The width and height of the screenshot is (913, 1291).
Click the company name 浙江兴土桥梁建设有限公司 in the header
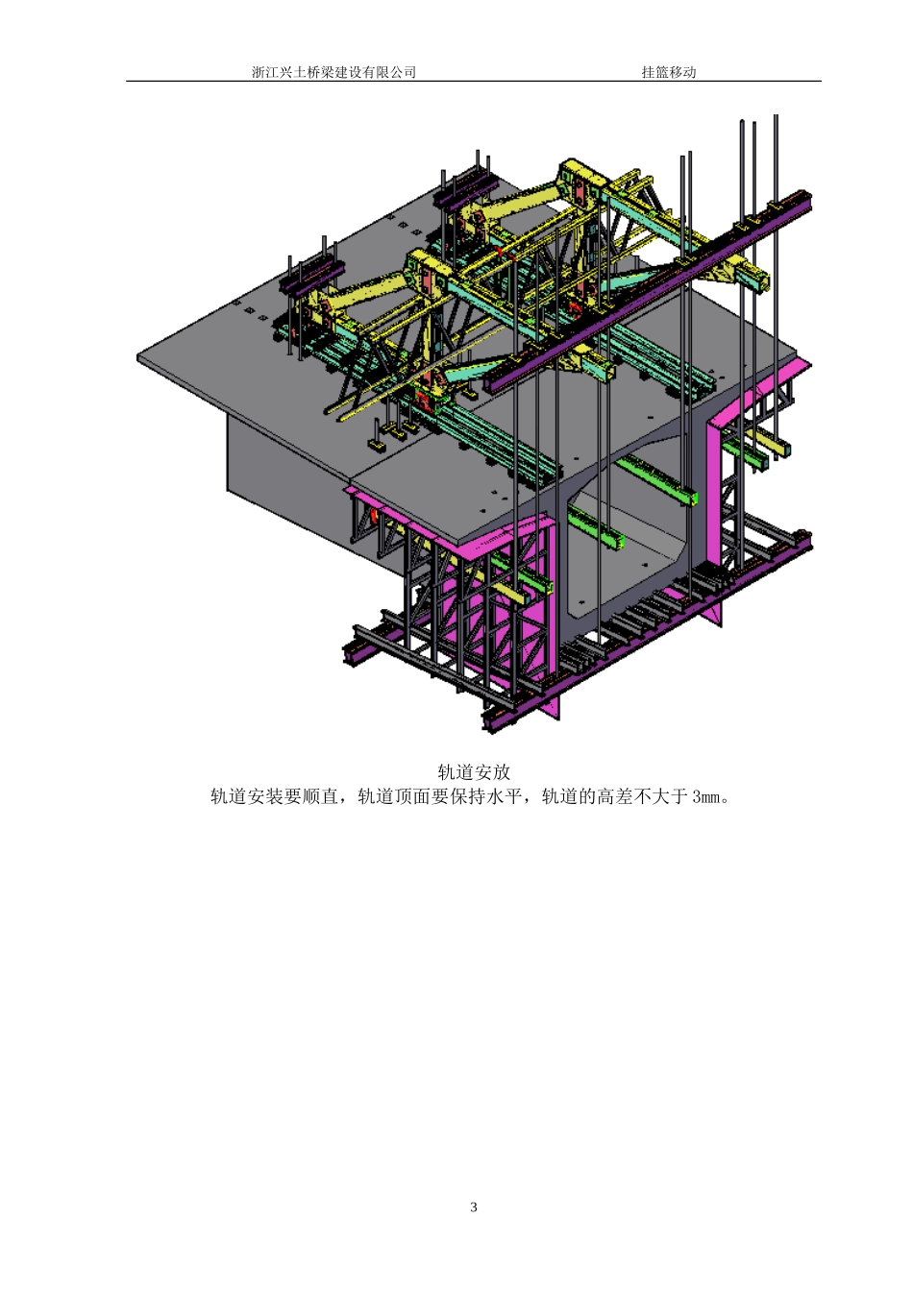point(333,72)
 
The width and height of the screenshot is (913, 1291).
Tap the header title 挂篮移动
point(669,72)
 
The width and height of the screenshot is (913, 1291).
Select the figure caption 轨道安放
point(474,771)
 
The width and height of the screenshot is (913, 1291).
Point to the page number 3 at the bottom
point(474,1206)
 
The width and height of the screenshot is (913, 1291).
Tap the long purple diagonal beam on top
point(649,293)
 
